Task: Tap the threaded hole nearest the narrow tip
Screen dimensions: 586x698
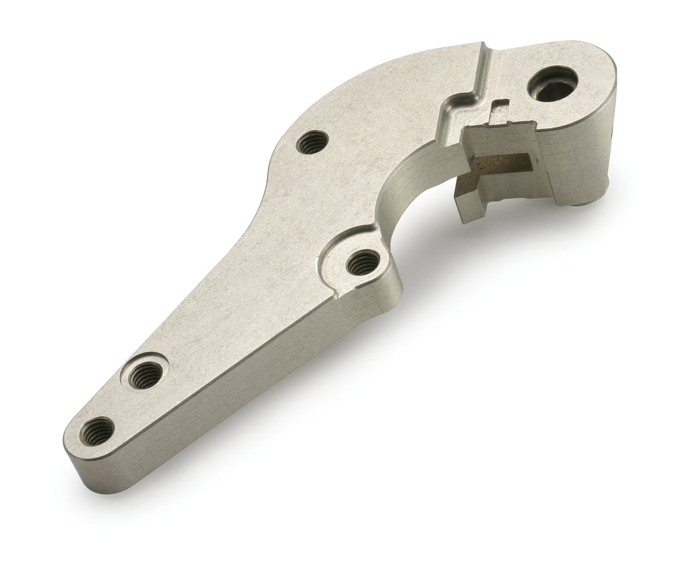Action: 97,432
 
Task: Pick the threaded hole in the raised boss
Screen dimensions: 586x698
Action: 363,262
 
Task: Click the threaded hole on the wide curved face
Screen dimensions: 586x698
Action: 312,142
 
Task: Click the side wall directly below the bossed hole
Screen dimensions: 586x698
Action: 372,300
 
